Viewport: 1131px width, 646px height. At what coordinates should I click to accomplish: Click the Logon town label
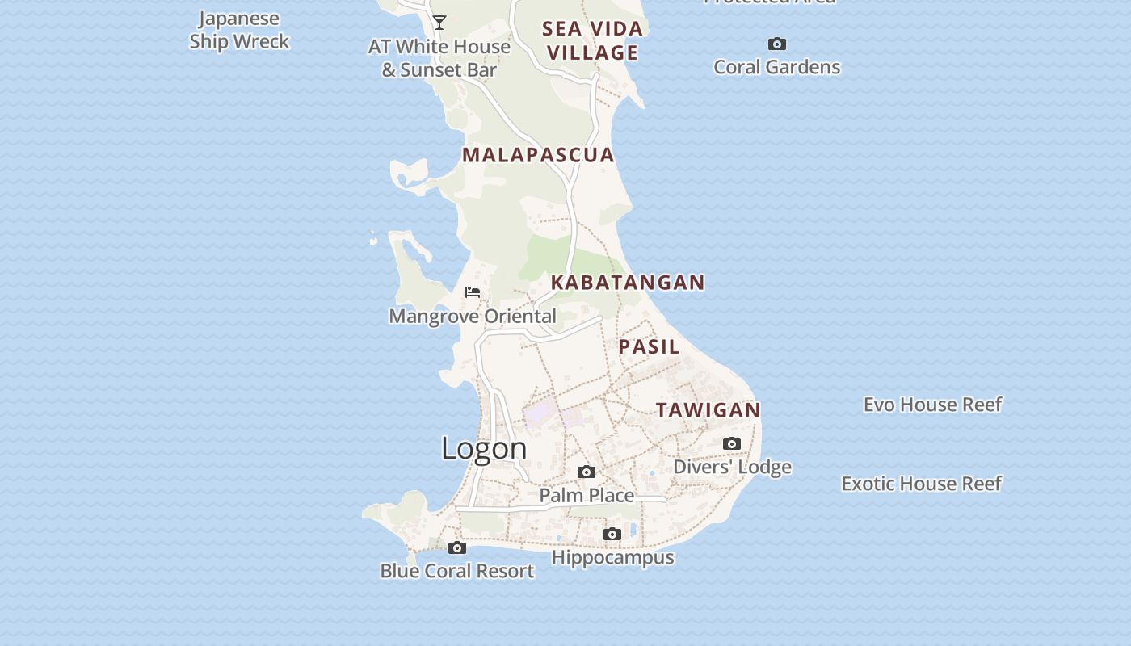[x=484, y=449]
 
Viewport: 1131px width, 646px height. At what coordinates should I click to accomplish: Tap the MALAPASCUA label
[x=538, y=155]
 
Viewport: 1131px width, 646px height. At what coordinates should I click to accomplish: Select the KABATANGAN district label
[x=628, y=283]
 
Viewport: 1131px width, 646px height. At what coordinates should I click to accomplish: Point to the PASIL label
[x=649, y=347]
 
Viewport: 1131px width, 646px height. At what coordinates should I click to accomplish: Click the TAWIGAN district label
[x=708, y=410]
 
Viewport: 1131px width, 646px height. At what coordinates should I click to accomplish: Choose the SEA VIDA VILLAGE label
[x=592, y=40]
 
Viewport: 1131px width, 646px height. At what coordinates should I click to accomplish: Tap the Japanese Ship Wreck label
[x=239, y=30]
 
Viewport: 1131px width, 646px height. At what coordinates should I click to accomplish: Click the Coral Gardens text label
[x=776, y=67]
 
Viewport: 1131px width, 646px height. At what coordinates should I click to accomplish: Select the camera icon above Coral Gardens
[x=776, y=44]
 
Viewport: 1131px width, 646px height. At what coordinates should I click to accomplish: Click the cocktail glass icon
[x=439, y=23]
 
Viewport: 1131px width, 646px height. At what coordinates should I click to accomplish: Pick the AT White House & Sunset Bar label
[x=439, y=58]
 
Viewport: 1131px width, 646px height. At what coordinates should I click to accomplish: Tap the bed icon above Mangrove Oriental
[x=473, y=292]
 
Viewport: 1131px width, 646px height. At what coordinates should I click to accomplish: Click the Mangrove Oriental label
[x=473, y=317]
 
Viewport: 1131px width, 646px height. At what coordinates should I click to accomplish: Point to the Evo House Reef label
[x=932, y=405]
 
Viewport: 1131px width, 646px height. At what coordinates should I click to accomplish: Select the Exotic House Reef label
[x=921, y=484]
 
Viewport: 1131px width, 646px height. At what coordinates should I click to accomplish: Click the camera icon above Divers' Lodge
[x=732, y=443]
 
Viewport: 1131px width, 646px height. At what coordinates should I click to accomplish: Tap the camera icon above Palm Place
[x=587, y=472]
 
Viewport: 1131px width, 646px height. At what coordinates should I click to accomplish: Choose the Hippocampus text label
[x=612, y=558]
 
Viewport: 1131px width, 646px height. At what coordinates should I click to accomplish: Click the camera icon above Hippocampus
[x=612, y=534]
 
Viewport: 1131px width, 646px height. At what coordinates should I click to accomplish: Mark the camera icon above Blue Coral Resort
[x=457, y=547]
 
